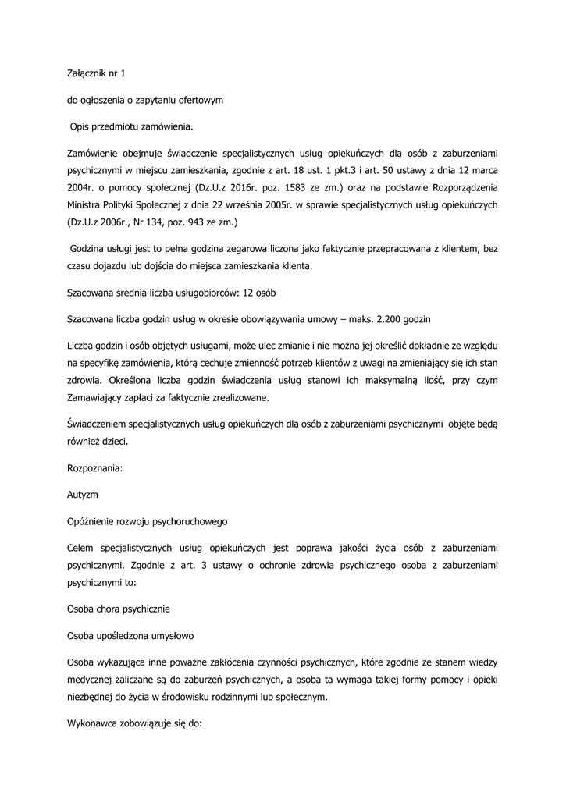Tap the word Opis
pyautogui.click(x=81, y=126)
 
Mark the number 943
pyautogui.click(x=194, y=222)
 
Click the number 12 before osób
pyautogui.click(x=250, y=293)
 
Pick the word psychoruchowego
pyautogui.click(x=190, y=520)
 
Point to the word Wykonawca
pyautogui.click(x=98, y=723)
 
